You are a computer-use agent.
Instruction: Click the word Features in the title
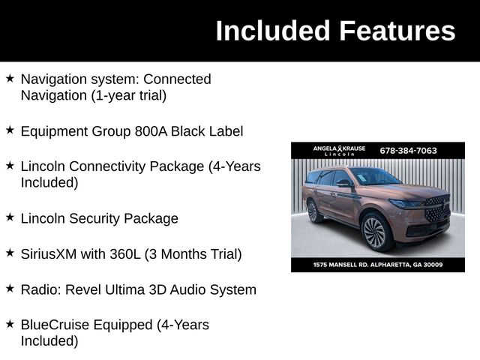397,31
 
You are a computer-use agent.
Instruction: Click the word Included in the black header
273,31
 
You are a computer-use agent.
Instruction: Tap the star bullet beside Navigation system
10,78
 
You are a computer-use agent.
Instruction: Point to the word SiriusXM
49,254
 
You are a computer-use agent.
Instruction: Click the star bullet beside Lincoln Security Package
10,217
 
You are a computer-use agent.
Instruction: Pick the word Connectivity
101,166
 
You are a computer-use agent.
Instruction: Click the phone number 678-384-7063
408,150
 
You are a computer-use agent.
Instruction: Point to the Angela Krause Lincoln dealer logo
339,150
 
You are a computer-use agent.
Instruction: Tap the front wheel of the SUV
374,231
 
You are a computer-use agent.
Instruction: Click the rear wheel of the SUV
314,211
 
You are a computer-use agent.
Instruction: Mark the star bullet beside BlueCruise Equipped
10,324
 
